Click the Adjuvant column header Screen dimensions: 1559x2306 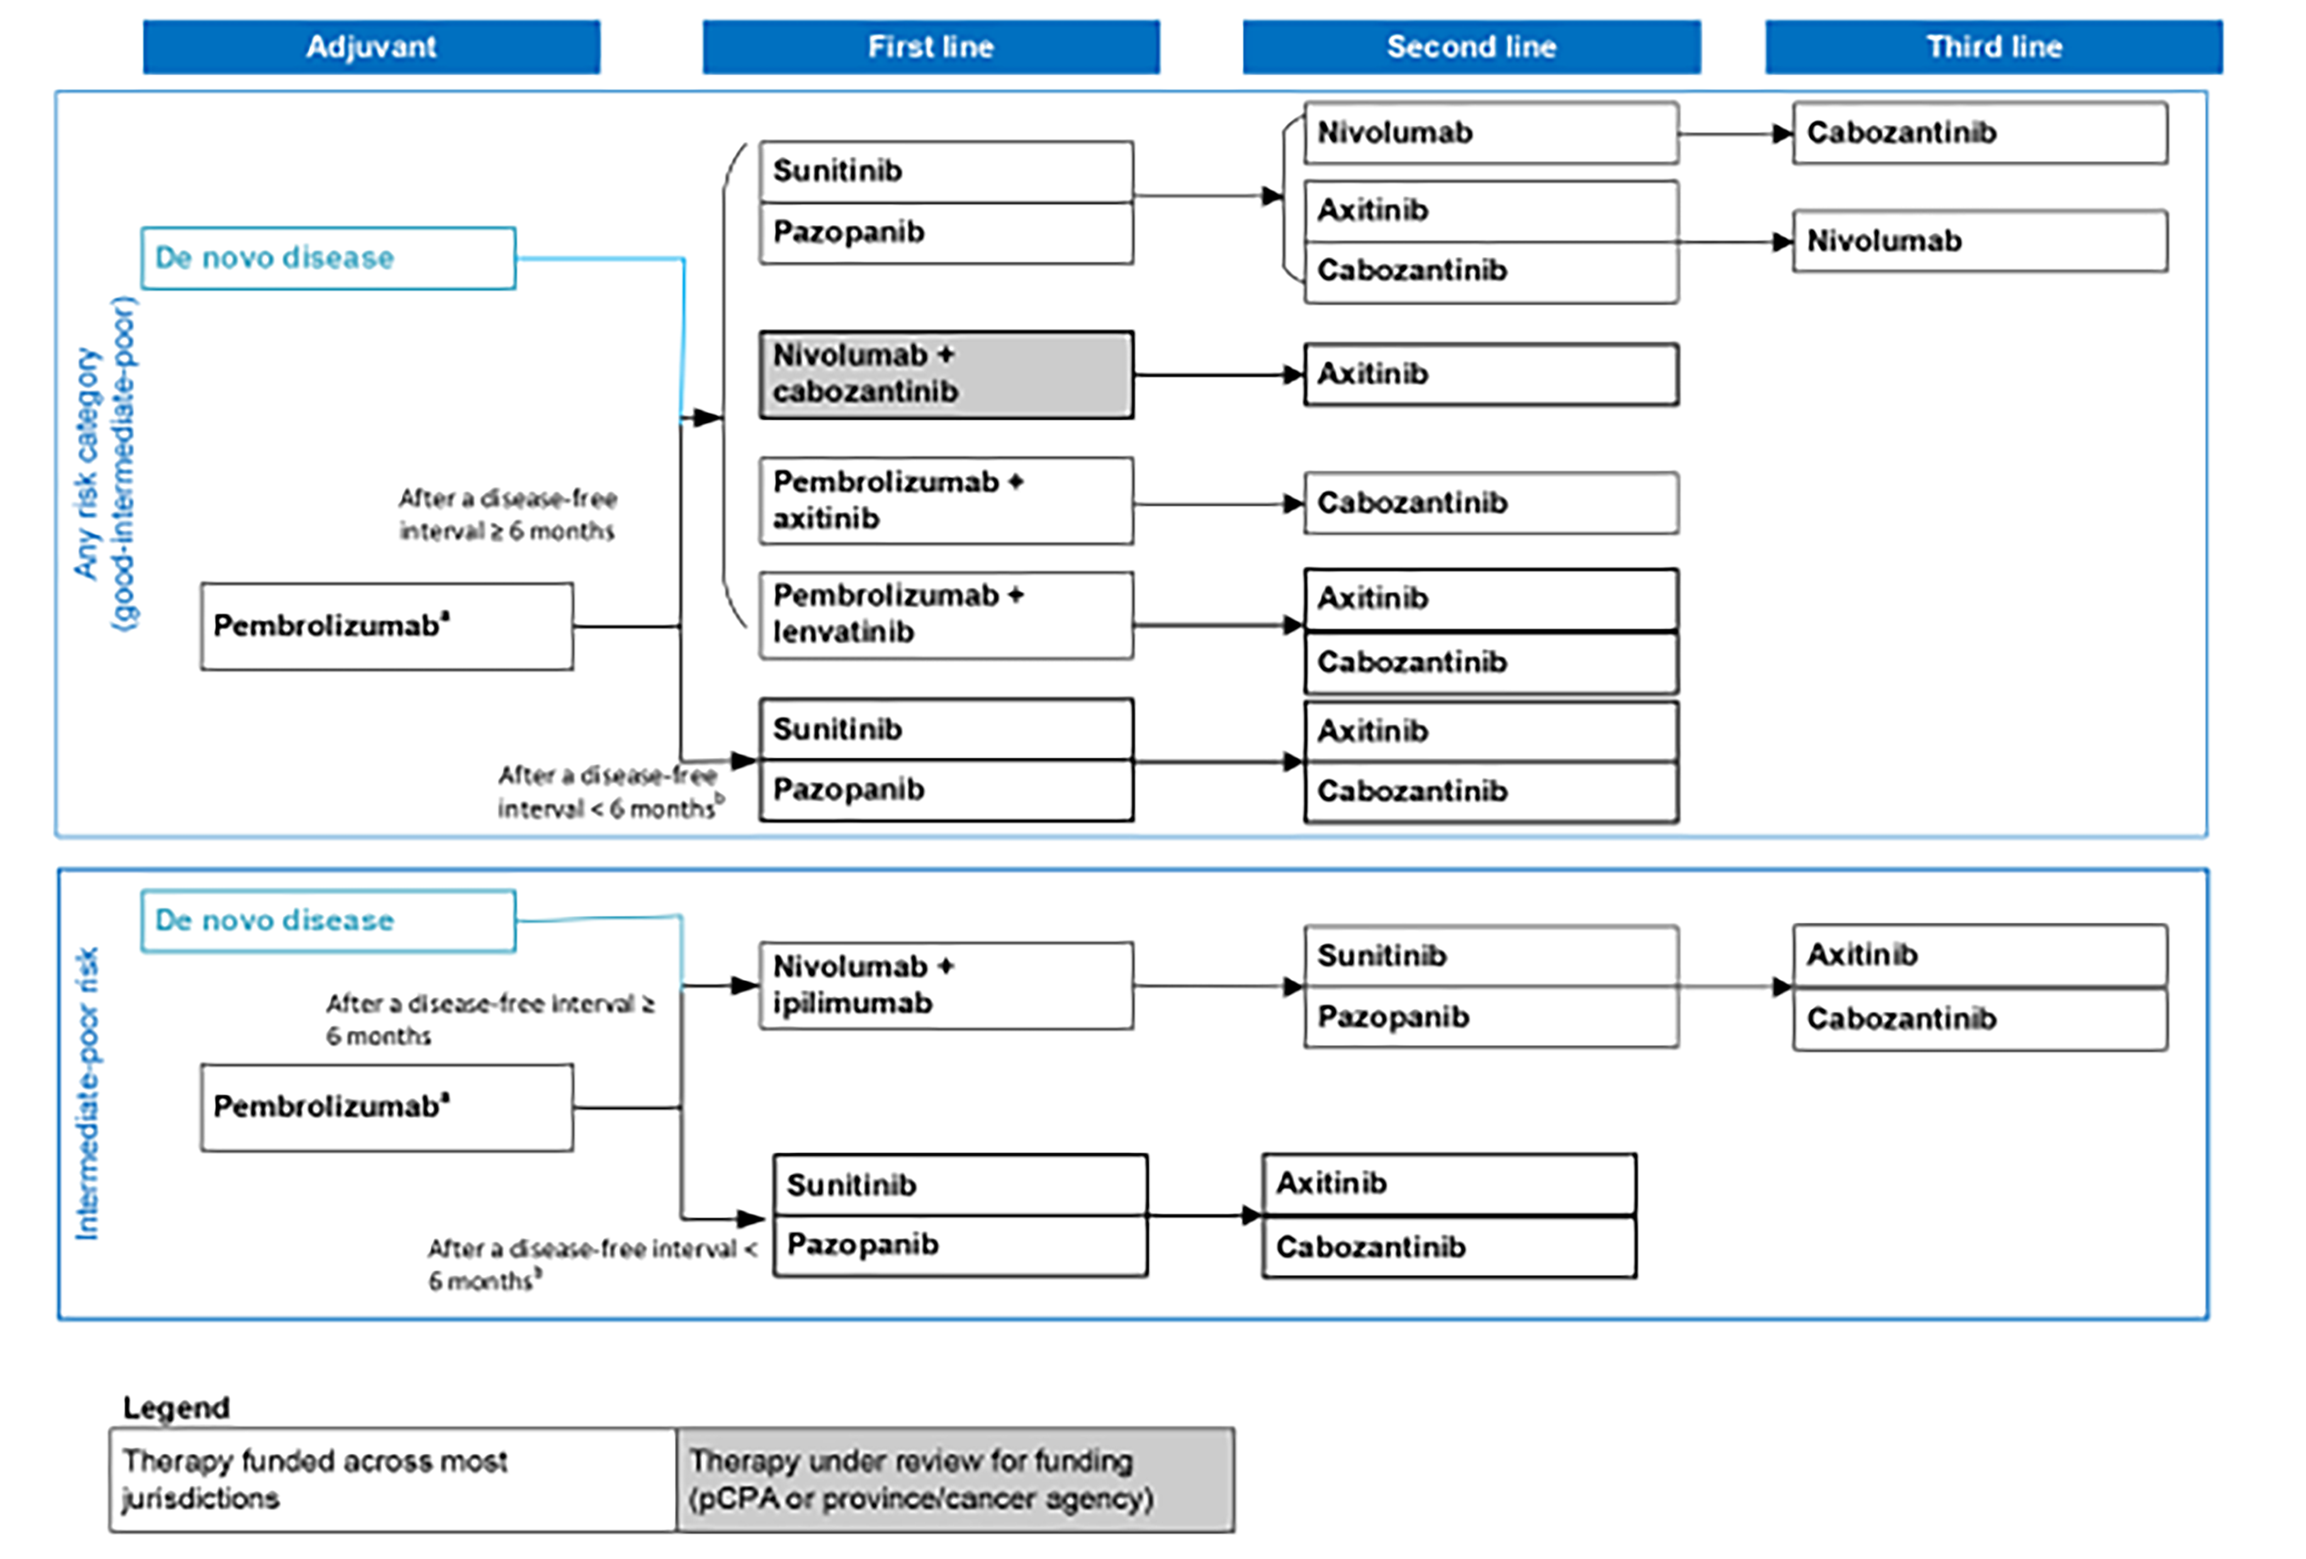(x=371, y=47)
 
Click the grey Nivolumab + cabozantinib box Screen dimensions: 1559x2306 (x=945, y=374)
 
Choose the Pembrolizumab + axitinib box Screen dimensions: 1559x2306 (x=945, y=500)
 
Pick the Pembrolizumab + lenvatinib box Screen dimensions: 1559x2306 (x=945, y=614)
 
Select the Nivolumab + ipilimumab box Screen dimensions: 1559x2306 (x=945, y=985)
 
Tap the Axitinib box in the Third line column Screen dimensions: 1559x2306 (x=1979, y=954)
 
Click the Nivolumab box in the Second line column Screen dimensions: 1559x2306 (x=1490, y=132)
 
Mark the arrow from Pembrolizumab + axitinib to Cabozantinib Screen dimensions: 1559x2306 (x=1218, y=504)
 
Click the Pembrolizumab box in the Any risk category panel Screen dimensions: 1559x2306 (x=386, y=626)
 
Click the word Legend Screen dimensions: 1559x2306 (x=176, y=1407)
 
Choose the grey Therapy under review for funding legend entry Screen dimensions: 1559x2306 (x=955, y=1479)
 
